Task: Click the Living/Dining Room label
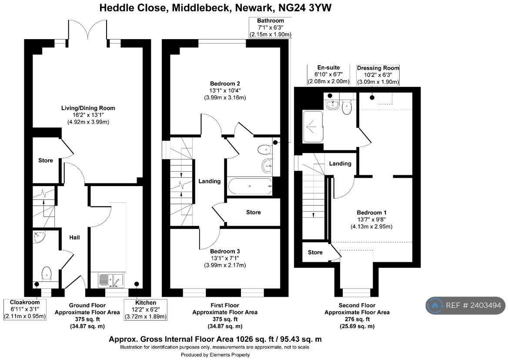(88, 108)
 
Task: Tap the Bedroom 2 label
(225, 83)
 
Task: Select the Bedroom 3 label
(225, 251)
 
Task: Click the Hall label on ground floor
(75, 237)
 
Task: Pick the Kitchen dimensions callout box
(146, 309)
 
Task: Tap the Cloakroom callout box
(25, 309)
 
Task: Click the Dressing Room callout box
(378, 75)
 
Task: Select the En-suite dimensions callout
(328, 74)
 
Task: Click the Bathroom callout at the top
(270, 27)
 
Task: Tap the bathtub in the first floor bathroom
(250, 186)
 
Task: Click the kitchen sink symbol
(110, 280)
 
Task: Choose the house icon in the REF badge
(435, 305)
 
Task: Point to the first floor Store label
(253, 212)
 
